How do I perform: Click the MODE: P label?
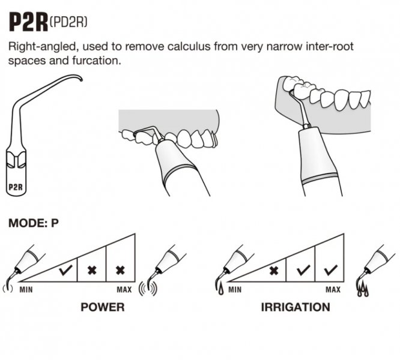34,223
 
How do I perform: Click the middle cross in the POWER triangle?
92,271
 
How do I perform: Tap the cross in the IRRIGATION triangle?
274,271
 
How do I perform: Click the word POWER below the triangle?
102,307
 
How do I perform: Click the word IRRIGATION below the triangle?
295,307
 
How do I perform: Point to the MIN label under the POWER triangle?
26,290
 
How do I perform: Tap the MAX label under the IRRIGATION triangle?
332,290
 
